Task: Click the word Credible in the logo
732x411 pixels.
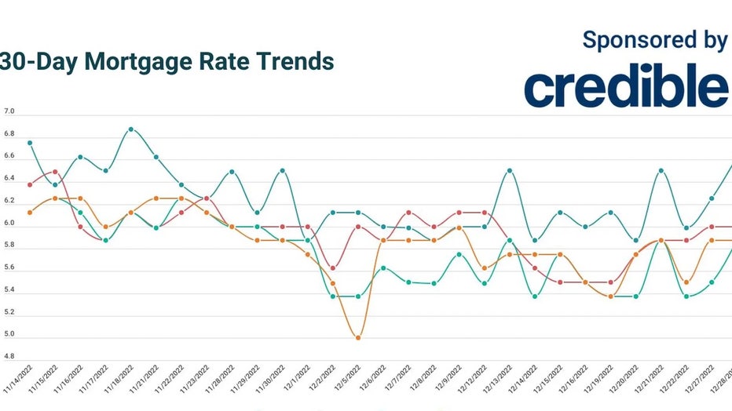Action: (x=626, y=87)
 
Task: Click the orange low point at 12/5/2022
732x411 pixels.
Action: (x=358, y=338)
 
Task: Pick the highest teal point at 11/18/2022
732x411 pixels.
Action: (x=131, y=129)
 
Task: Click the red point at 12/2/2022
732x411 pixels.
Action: (x=333, y=268)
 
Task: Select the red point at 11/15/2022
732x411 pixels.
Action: (x=55, y=172)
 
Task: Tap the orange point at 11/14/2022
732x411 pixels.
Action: (x=30, y=213)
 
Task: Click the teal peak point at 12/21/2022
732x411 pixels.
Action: (x=661, y=170)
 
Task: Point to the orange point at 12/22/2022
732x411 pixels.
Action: (x=686, y=282)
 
